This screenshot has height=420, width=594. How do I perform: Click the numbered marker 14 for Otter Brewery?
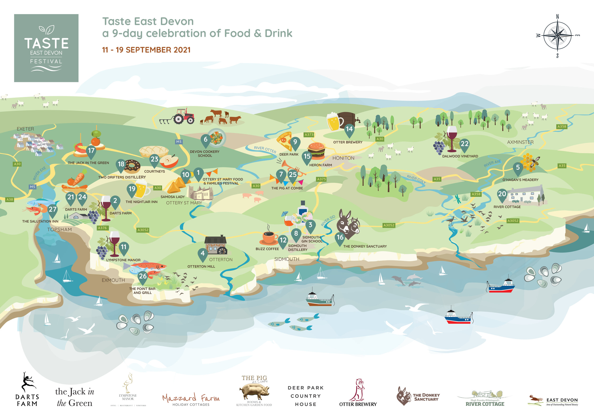(x=349, y=129)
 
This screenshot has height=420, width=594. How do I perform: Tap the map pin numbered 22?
(x=464, y=144)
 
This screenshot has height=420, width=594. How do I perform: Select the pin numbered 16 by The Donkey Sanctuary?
(x=340, y=237)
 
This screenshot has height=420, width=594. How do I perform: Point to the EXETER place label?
(x=25, y=129)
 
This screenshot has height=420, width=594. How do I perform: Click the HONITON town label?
(x=343, y=158)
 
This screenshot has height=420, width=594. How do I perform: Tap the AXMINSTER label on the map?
(x=520, y=142)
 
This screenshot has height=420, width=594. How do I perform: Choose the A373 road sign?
(x=309, y=135)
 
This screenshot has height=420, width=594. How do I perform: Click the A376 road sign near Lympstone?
(x=102, y=228)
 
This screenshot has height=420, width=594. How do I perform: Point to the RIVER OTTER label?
(x=265, y=149)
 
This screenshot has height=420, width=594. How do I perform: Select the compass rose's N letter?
(x=557, y=17)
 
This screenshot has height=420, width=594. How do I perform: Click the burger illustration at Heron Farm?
(x=316, y=151)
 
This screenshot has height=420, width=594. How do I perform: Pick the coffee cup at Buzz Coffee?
(x=269, y=237)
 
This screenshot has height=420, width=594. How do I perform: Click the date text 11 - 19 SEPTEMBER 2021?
(x=146, y=50)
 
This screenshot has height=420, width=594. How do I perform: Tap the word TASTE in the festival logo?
(x=46, y=43)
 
